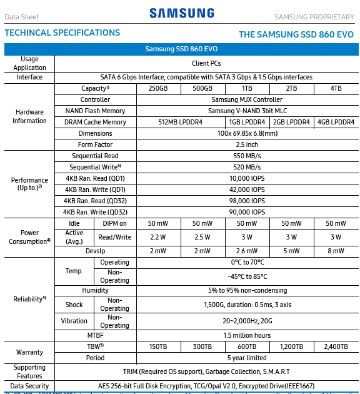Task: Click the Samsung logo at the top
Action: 182,13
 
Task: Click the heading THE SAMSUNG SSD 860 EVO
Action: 296,34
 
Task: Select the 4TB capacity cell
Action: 336,88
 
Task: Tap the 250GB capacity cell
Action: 159,88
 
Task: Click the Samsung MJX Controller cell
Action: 247,99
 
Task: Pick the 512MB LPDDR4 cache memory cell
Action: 181,122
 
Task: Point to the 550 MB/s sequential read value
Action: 247,156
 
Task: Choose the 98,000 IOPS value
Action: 247,201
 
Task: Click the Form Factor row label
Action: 95,144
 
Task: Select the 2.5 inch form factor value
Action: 247,144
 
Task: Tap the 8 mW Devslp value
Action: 336,251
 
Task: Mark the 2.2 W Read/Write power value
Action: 159,237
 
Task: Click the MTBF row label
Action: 95,335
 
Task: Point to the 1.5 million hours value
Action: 247,335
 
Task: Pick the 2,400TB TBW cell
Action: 336,346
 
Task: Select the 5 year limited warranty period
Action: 247,358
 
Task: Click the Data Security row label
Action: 29,386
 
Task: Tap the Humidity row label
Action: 95,290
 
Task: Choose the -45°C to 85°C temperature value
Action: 247,276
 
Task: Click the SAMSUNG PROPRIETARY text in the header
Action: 314,16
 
